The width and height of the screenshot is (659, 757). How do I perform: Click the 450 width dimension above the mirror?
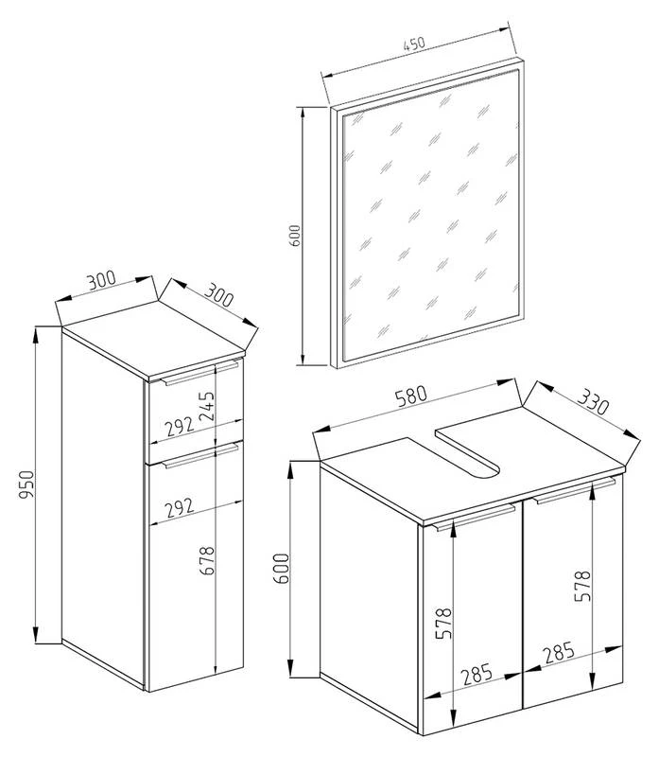tap(414, 44)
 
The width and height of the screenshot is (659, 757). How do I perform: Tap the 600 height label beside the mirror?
tap(295, 235)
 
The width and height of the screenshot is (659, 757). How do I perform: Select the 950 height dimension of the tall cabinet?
tap(26, 485)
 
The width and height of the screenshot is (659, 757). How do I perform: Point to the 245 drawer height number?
tap(206, 407)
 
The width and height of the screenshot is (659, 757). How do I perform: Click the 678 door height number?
tap(206, 560)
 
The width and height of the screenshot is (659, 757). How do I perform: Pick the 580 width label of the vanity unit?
tap(411, 396)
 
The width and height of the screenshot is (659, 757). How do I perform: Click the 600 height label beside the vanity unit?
tap(281, 569)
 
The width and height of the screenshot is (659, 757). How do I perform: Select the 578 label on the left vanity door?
tap(443, 624)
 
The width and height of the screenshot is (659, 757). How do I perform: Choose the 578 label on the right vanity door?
tap(582, 586)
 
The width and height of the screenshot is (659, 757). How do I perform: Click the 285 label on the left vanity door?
tap(477, 675)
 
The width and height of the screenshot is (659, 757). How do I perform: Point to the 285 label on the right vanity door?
tap(559, 653)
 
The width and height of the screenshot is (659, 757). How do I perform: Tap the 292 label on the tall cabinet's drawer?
tap(180, 427)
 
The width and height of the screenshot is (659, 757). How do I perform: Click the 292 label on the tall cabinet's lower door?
tap(180, 507)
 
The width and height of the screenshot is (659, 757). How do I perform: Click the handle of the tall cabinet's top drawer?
tap(200, 373)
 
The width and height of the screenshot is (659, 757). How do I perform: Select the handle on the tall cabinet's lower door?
tap(200, 457)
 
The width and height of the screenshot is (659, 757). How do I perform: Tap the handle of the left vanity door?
tap(474, 518)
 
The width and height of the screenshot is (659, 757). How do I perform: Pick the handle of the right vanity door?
tap(574, 491)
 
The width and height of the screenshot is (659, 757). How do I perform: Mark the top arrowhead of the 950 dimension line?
tap(36, 335)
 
